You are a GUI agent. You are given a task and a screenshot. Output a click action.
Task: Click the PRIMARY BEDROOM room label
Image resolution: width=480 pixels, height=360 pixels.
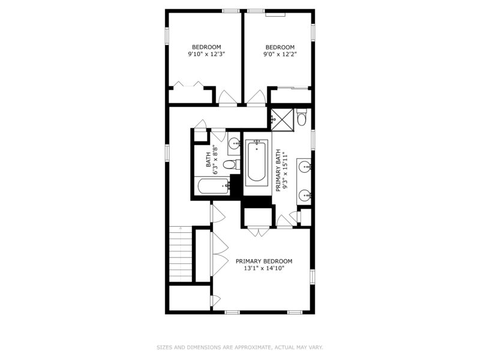click(264, 261)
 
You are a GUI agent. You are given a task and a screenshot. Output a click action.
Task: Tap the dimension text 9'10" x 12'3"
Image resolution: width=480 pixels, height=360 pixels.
click(206, 54)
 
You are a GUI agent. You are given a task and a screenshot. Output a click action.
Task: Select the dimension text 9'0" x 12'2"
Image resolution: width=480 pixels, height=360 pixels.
click(280, 54)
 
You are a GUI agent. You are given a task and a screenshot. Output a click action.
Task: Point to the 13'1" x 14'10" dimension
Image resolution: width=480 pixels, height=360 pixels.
click(264, 268)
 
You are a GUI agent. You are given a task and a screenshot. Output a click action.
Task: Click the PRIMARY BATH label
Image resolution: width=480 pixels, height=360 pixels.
click(278, 170)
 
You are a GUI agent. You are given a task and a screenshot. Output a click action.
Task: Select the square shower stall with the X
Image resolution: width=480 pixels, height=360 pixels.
click(283, 119)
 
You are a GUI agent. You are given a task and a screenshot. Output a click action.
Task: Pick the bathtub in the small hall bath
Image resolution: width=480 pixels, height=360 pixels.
click(214, 187)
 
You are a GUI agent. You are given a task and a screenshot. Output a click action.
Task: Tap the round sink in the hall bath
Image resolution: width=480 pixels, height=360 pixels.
click(235, 143)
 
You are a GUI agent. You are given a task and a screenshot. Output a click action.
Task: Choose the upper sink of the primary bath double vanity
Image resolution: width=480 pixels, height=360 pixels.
click(305, 167)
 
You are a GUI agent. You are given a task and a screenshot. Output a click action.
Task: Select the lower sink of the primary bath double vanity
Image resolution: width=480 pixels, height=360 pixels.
click(305, 194)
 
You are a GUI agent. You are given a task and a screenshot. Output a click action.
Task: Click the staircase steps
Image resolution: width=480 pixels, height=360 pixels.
click(181, 254)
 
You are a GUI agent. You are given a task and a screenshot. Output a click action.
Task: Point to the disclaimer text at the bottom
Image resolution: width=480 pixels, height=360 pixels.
click(240, 347)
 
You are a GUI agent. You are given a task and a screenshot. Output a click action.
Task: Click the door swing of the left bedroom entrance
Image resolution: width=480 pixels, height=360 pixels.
click(227, 97)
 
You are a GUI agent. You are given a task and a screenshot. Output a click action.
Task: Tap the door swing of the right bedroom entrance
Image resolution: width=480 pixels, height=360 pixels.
click(257, 97)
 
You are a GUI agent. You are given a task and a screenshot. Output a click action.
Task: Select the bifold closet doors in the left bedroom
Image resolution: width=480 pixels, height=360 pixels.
click(189, 84)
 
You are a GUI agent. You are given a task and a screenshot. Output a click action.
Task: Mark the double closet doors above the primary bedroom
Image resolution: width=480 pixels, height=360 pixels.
click(259, 232)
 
